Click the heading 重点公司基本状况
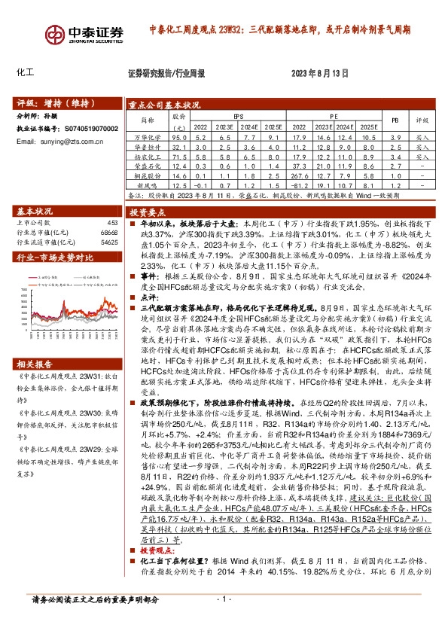[x=163, y=105]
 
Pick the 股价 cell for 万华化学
[x=178, y=138]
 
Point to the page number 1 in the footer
[x=223, y=620]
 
